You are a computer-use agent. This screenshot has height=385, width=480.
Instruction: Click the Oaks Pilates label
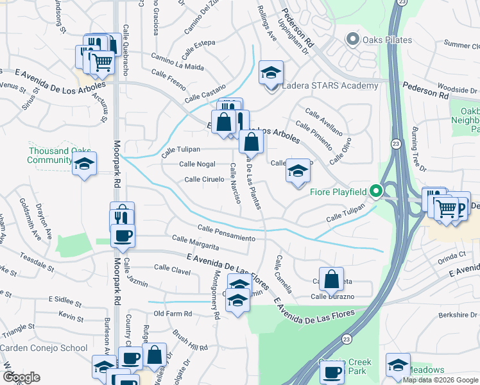coord(386,40)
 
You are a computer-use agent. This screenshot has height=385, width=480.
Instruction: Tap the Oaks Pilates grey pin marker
coord(352,40)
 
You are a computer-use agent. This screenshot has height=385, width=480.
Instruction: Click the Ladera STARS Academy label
coord(330,86)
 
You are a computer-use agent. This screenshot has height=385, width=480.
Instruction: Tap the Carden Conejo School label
coord(44,348)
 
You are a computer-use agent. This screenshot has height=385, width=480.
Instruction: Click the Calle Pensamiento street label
coord(227,233)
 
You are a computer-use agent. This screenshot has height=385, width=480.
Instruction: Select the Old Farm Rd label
coord(173,313)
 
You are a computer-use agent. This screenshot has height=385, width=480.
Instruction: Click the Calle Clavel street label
coord(172,269)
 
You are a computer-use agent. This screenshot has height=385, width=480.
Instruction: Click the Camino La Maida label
coord(177,62)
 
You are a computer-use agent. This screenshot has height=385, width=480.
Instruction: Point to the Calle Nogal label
coord(197,164)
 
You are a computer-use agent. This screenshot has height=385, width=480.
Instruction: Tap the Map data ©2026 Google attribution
coord(440,380)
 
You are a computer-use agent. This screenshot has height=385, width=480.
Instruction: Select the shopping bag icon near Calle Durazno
coord(330,279)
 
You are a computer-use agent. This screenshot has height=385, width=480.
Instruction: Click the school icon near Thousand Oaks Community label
coord(84,164)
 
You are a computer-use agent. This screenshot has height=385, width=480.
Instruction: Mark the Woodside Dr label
coord(457,89)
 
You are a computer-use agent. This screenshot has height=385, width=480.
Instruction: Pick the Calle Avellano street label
coord(324,121)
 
